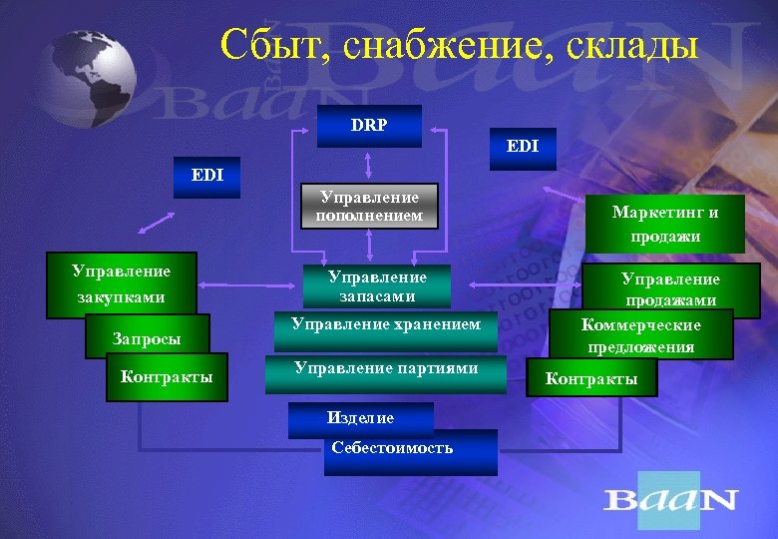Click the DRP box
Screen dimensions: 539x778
tap(370, 127)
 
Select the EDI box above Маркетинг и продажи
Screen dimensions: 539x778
tap(522, 146)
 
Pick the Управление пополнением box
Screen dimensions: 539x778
tap(369, 207)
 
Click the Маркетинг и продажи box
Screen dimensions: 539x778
tap(665, 224)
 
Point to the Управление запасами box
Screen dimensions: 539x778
tap(377, 285)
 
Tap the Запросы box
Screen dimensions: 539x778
tap(147, 339)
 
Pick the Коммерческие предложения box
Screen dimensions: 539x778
tap(641, 335)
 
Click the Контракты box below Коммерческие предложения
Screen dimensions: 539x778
tap(591, 379)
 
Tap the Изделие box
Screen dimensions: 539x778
tap(360, 418)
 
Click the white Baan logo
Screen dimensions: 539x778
tap(669, 499)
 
